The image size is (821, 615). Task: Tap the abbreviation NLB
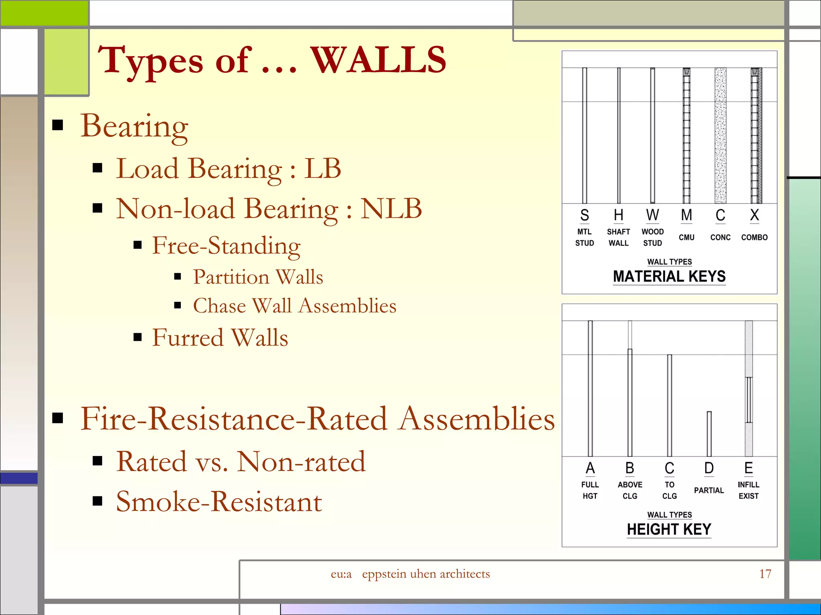pyautogui.click(x=391, y=209)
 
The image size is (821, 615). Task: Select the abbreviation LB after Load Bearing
pyautogui.click(x=322, y=169)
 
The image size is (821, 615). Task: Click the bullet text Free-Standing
pyautogui.click(x=226, y=245)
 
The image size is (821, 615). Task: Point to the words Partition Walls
pyautogui.click(x=258, y=277)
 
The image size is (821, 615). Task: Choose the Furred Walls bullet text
pyautogui.click(x=220, y=338)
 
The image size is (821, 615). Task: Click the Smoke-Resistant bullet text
pyautogui.click(x=219, y=502)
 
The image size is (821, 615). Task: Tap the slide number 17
pyautogui.click(x=765, y=574)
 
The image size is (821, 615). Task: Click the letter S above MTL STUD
pyautogui.click(x=584, y=215)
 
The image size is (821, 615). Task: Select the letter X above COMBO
pyautogui.click(x=754, y=215)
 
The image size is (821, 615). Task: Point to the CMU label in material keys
pyautogui.click(x=686, y=237)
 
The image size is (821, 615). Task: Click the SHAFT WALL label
pyautogui.click(x=618, y=237)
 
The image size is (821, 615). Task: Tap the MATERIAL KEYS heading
pyautogui.click(x=669, y=277)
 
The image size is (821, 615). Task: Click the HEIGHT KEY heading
pyautogui.click(x=669, y=529)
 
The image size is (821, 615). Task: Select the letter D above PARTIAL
pyautogui.click(x=709, y=468)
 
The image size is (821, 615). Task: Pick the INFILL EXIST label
pyautogui.click(x=748, y=490)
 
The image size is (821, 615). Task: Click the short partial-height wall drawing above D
pyautogui.click(x=709, y=434)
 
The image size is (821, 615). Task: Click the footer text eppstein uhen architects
pyautogui.click(x=426, y=574)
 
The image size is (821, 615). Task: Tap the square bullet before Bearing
pyautogui.click(x=58, y=125)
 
